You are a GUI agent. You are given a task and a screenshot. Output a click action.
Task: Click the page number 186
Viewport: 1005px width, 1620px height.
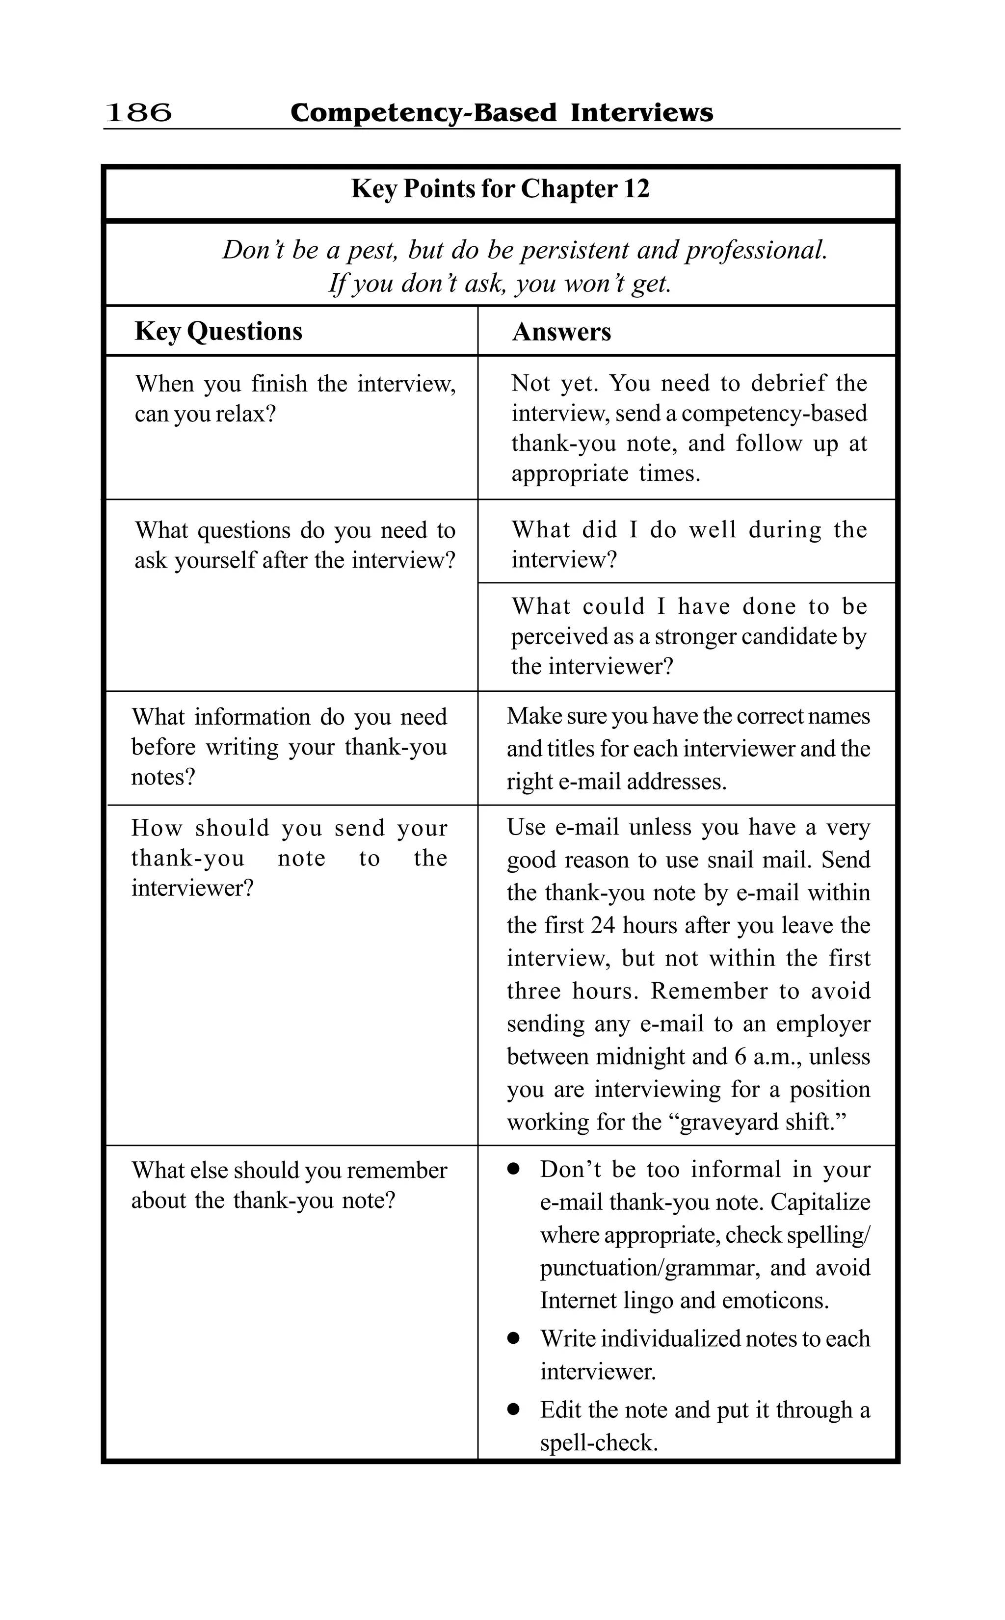click(138, 112)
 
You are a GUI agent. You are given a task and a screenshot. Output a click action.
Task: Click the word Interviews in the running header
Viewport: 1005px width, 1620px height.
click(641, 112)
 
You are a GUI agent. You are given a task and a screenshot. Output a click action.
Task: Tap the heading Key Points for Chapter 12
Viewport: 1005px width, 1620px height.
click(500, 189)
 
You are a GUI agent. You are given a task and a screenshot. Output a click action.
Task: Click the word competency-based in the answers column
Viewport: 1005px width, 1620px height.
click(774, 413)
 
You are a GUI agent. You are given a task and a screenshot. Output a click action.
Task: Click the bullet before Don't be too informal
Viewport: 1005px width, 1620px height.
click(513, 1170)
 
